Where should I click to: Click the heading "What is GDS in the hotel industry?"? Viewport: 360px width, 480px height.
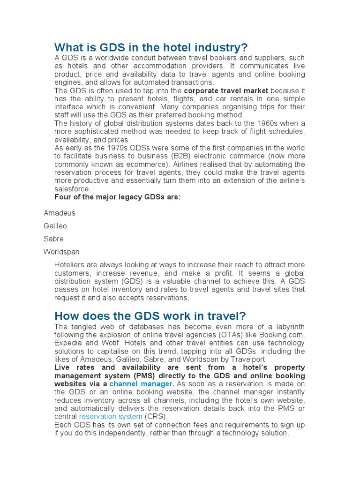150,48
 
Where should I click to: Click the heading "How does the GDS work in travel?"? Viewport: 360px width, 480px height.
150,315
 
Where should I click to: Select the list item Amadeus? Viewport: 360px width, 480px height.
60,213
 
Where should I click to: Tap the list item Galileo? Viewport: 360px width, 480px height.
55,226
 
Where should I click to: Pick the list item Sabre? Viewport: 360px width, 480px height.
53,239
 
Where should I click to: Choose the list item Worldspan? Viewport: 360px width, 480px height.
61,252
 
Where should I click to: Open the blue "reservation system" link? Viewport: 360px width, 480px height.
111,416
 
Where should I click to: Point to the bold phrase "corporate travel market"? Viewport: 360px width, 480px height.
226,90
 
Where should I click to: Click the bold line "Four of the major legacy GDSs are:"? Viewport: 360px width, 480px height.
117,197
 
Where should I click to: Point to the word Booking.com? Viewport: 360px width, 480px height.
284,335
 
